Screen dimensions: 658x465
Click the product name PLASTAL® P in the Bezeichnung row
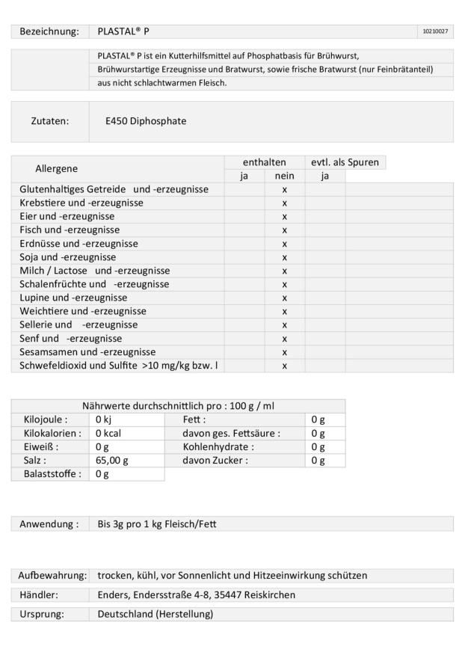click(x=123, y=31)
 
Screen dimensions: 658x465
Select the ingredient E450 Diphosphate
click(x=147, y=120)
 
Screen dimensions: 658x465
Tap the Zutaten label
click(x=50, y=120)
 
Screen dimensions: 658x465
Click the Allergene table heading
click(x=56, y=168)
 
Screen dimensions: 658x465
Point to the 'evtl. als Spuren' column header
click(x=345, y=162)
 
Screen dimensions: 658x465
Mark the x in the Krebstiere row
click(x=284, y=203)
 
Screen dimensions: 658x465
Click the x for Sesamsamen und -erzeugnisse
click(x=284, y=351)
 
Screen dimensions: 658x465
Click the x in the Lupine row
click(x=284, y=298)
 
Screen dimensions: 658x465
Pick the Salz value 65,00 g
click(x=112, y=461)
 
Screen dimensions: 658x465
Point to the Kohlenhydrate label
click(x=218, y=447)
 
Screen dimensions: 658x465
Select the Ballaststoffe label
click(x=49, y=474)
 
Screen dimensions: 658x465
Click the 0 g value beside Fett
click(x=318, y=420)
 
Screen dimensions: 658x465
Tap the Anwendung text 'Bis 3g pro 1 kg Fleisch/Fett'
click(x=157, y=524)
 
